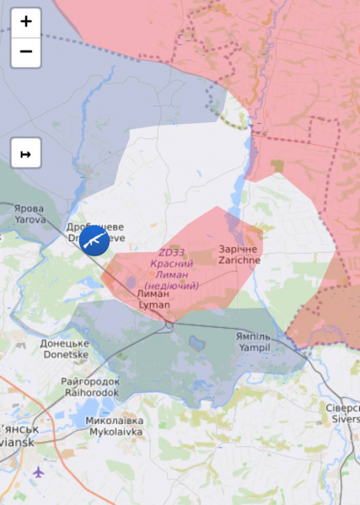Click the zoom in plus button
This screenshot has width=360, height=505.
coord(26,22)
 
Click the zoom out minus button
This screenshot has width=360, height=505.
coord(26,51)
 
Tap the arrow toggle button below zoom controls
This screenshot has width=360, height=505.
coord(26,153)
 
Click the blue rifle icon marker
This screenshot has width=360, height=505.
coord(94,240)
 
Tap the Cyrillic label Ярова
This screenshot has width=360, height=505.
coord(29,208)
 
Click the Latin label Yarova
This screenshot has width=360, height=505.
coord(30,219)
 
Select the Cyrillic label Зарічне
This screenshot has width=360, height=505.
coord(239,250)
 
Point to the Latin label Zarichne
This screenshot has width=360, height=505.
coord(239,261)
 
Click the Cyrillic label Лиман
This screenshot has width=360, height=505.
coord(153,293)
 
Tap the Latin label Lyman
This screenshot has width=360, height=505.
coord(153,304)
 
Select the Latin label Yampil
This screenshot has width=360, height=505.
coord(253,347)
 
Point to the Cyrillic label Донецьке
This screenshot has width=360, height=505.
coord(64,344)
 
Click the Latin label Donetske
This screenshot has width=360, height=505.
coord(64,355)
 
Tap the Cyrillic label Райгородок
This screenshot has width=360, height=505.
coord(90,382)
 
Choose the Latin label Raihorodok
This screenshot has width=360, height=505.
coord(90,392)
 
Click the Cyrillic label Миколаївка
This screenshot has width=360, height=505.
coord(114,421)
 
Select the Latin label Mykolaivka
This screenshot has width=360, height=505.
coord(114,431)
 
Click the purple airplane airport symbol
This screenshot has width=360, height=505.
coord(38,472)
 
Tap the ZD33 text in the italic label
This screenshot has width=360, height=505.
coord(170,253)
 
